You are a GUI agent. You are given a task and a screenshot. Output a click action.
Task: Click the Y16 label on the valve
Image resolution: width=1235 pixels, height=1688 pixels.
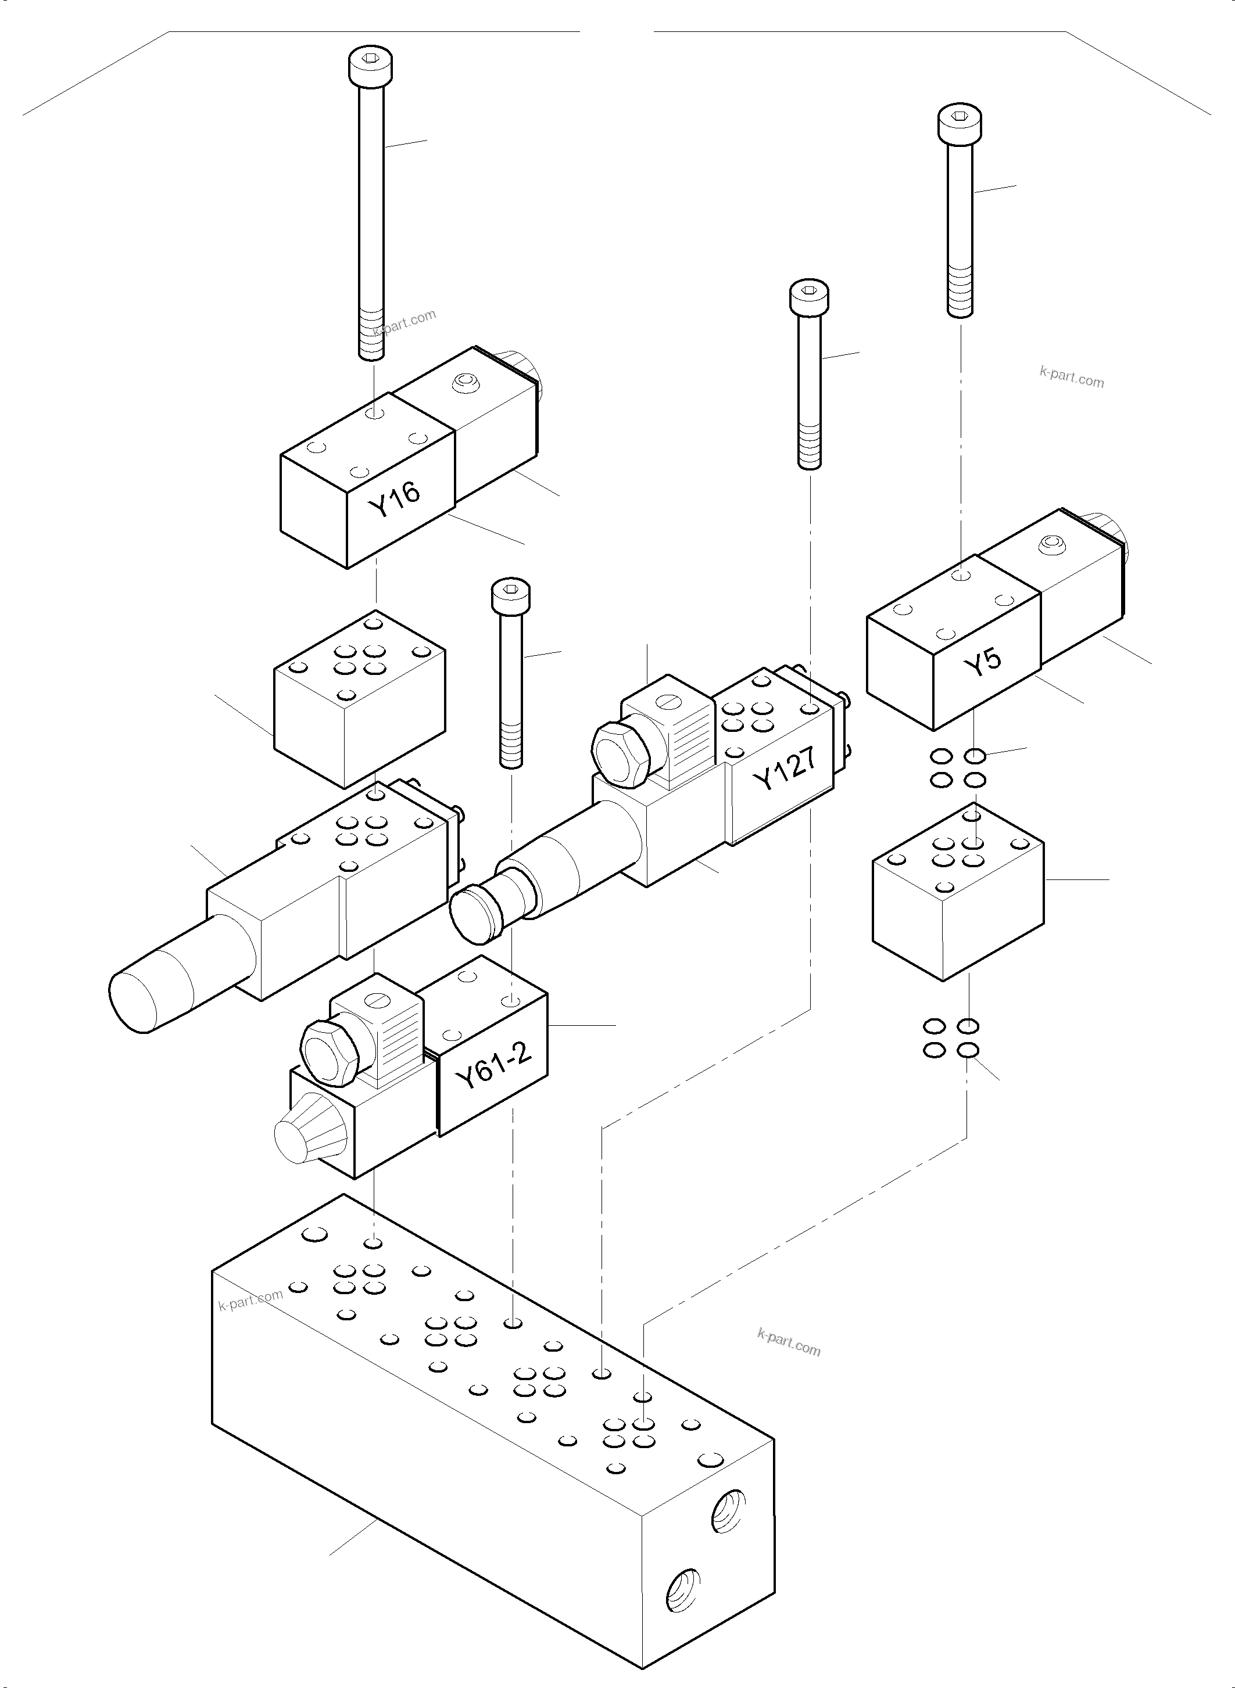[395, 499]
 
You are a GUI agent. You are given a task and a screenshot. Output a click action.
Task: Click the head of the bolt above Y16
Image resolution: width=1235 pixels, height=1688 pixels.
[371, 66]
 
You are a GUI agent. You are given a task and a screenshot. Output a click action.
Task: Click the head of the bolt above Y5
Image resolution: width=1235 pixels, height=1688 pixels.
[960, 124]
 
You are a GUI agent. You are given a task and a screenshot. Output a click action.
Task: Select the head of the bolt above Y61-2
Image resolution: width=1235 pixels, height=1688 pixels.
[511, 595]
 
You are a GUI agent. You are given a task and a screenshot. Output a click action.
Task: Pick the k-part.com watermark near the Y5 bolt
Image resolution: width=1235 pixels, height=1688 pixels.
[1071, 378]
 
